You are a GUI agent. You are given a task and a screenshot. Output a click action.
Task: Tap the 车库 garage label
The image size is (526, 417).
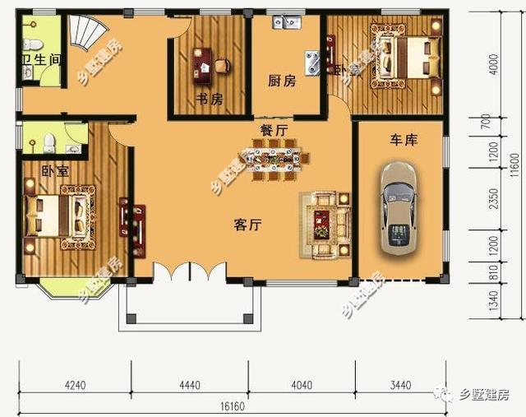point(404,141)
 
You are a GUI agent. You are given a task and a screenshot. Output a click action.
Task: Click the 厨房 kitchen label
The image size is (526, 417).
point(281,81)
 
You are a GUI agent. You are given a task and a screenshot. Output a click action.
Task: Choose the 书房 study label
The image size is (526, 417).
point(210,100)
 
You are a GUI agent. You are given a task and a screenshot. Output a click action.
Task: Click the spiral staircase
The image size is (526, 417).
point(86,33)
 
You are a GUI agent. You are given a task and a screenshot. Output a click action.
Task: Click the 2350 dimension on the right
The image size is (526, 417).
point(492,200)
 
